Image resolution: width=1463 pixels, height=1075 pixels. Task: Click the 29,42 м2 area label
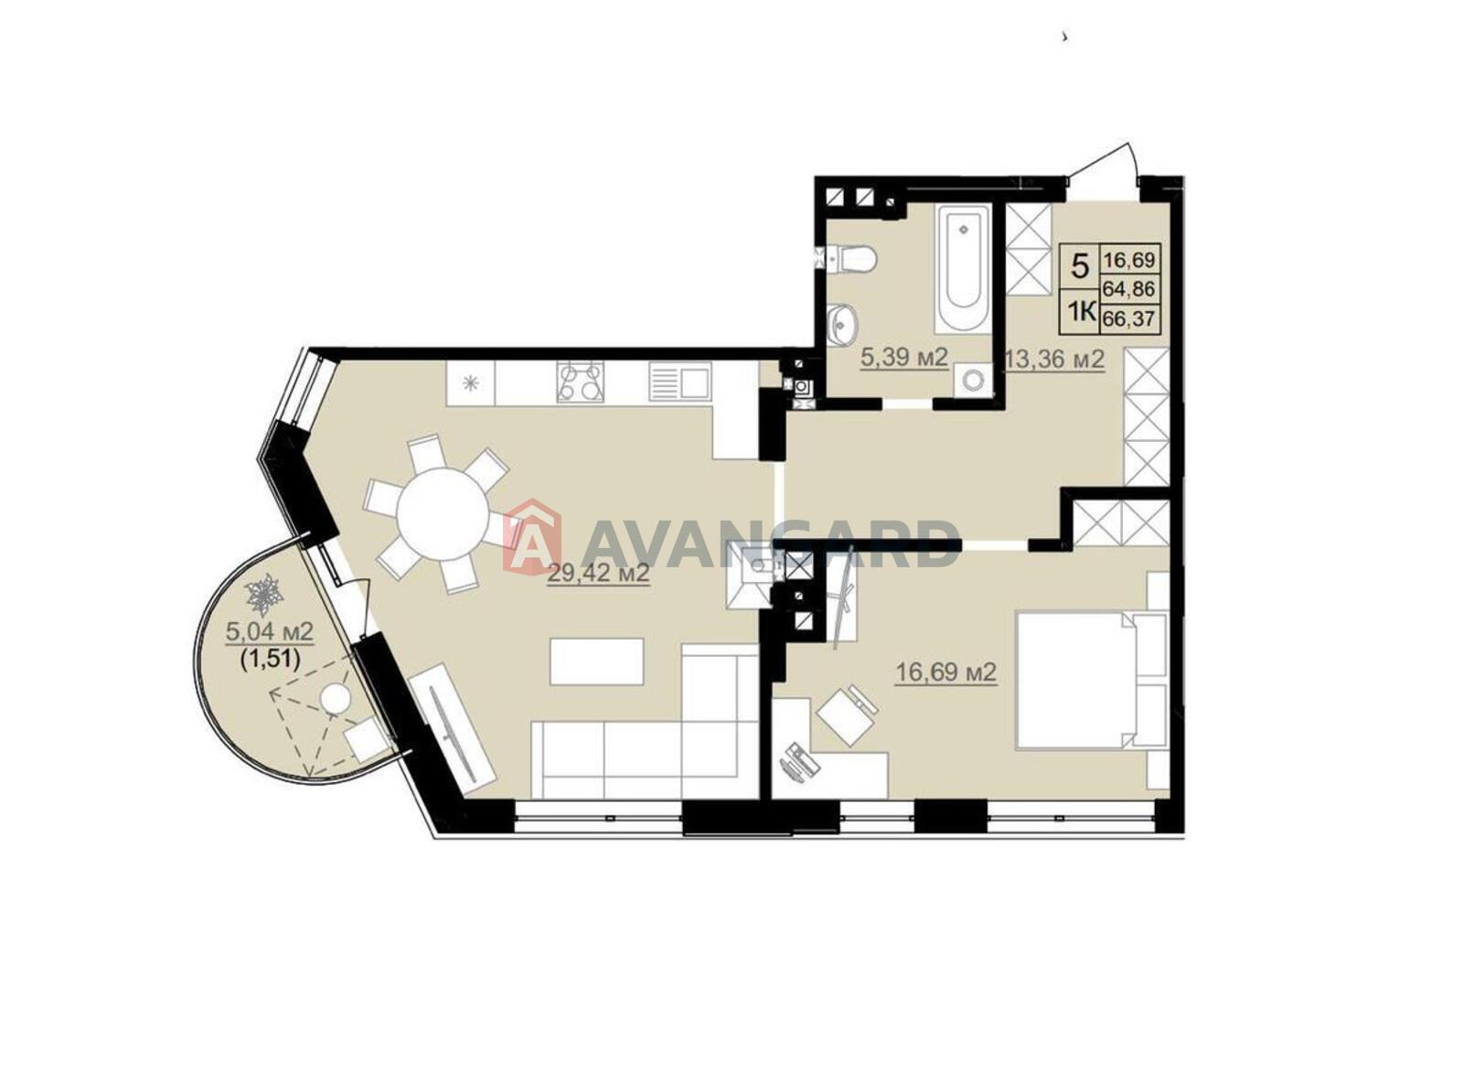click(x=598, y=574)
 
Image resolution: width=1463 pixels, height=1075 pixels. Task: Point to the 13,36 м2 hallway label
click(x=1055, y=359)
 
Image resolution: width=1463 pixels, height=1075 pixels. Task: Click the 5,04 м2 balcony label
click(x=270, y=631)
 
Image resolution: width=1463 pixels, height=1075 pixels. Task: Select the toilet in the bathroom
click(x=851, y=259)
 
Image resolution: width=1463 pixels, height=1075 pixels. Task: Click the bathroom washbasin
click(x=842, y=324)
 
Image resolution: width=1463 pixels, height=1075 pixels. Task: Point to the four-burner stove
click(x=580, y=382)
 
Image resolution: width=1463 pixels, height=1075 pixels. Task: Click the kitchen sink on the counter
click(x=679, y=382)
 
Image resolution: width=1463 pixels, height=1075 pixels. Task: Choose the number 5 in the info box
click(x=1082, y=266)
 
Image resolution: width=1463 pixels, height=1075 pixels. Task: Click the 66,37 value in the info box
click(x=1129, y=319)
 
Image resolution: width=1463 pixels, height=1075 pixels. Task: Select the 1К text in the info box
click(x=1081, y=312)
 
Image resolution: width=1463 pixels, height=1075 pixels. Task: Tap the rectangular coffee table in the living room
click(x=597, y=661)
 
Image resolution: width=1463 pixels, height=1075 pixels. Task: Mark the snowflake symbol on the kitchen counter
click(x=470, y=383)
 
